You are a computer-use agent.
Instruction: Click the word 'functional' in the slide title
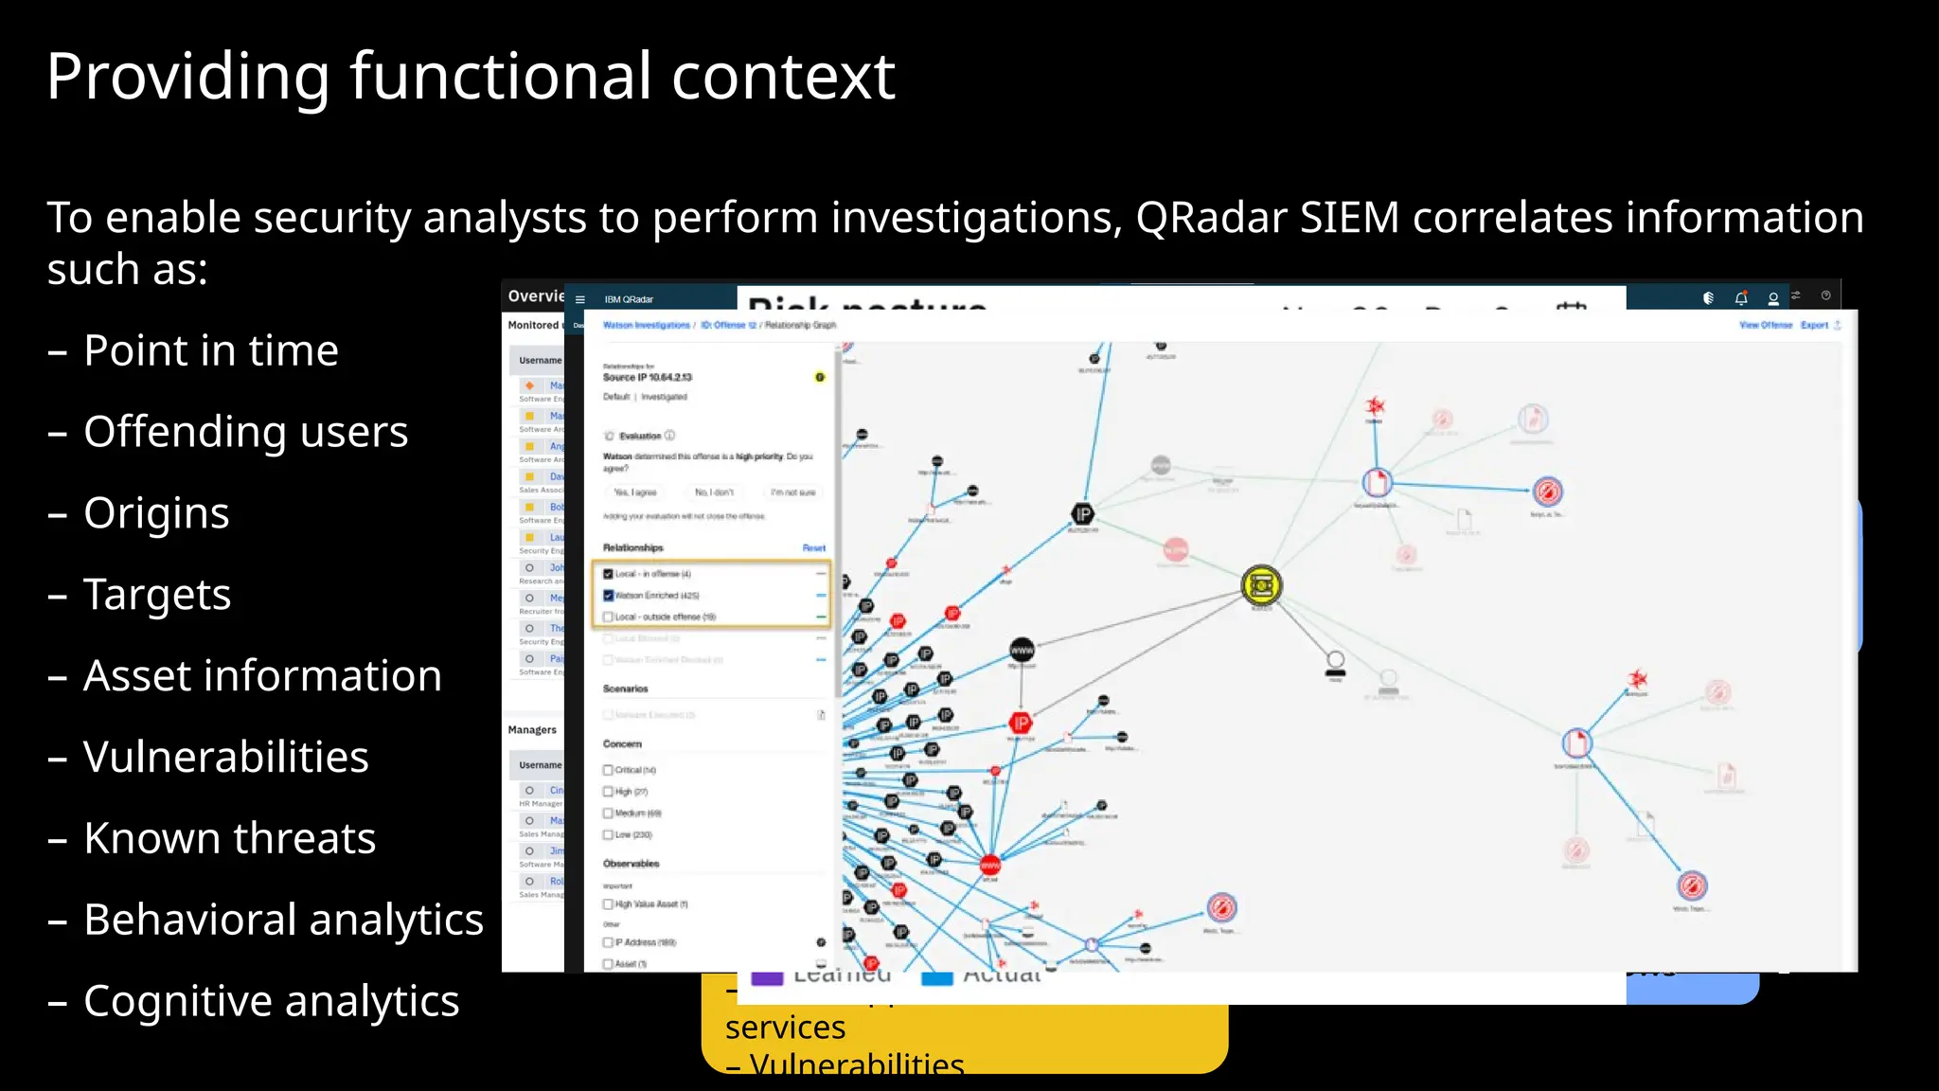coord(501,77)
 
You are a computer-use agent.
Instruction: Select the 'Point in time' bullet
coord(210,351)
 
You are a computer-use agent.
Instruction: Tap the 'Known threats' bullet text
coord(229,839)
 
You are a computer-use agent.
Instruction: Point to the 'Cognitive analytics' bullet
coord(271,1002)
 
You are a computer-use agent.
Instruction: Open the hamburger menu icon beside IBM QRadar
coord(580,299)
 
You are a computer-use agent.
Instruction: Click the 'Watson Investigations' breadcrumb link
coord(647,325)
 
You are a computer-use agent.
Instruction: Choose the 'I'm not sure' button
coord(792,492)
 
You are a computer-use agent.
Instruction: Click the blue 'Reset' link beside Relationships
coord(813,548)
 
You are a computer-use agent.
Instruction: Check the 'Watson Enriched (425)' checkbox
coord(609,596)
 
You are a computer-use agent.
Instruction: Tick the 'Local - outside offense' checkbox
coord(609,617)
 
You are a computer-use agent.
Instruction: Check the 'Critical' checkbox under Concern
coord(609,770)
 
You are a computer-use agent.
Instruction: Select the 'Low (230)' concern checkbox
coord(609,834)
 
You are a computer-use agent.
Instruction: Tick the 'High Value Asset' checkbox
coord(609,904)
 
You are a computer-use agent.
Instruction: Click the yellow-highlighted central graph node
coord(1261,586)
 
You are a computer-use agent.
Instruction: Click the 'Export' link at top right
coord(1814,325)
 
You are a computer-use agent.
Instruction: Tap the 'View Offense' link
coord(1765,325)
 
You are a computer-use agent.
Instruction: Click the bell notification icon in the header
coord(1740,298)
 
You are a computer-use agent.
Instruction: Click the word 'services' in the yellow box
coord(785,1028)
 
